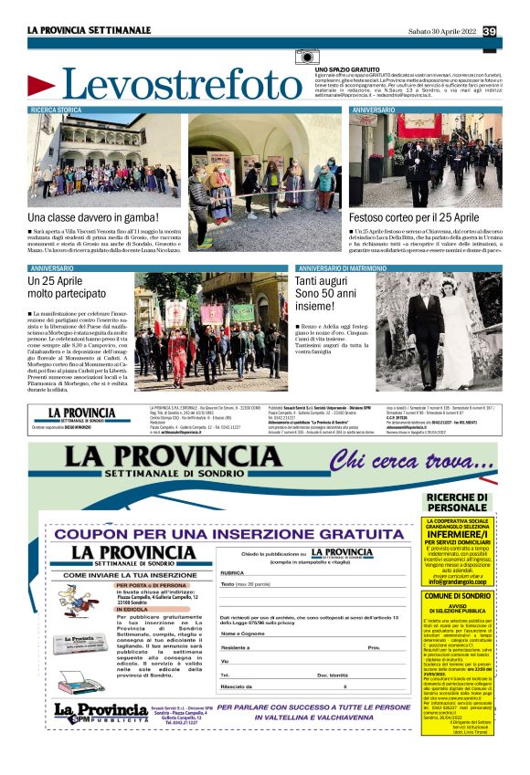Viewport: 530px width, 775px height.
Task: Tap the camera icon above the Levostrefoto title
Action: [x=307, y=58]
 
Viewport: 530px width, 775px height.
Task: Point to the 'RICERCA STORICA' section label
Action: [x=57, y=110]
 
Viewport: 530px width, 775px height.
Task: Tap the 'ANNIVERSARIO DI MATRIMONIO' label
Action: [x=339, y=268]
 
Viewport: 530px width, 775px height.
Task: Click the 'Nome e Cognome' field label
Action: [x=240, y=632]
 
